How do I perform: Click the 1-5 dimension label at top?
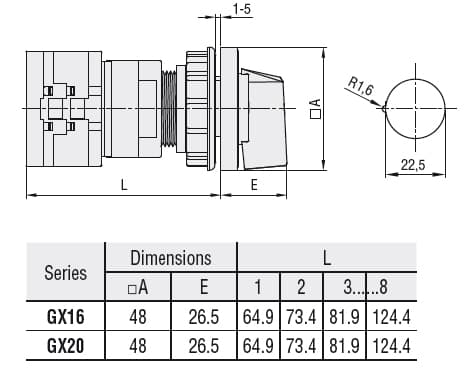click(x=241, y=9)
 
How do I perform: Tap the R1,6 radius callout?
click(x=361, y=87)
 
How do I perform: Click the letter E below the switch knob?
click(x=254, y=184)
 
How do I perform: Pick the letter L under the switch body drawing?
click(x=123, y=184)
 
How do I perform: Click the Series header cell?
click(x=66, y=273)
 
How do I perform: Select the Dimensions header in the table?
click(x=171, y=258)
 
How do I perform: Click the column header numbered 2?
click(x=301, y=288)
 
